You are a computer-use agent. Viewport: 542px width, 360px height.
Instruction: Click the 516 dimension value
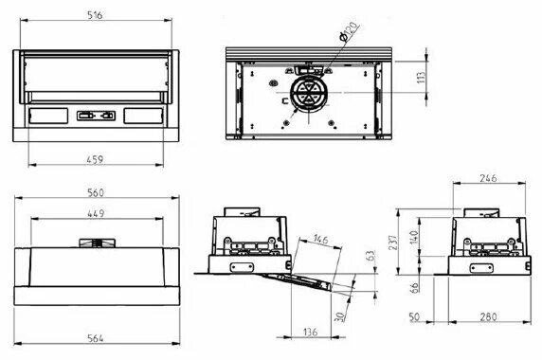pos(95,15)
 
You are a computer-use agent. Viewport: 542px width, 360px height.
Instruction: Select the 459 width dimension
pos(95,159)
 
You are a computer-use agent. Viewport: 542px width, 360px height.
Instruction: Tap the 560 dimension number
pos(96,192)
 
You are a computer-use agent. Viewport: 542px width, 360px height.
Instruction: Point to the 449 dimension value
pos(96,213)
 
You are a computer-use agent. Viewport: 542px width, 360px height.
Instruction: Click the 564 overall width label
pos(96,338)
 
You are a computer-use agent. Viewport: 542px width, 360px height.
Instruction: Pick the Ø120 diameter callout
pos(348,32)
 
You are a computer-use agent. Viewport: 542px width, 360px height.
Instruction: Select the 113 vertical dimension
pos(421,78)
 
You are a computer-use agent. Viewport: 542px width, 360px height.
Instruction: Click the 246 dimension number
pos(488,178)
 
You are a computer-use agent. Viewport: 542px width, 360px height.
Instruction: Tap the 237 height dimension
pos(393,243)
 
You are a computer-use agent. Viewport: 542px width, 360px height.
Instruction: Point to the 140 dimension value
pos(414,238)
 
